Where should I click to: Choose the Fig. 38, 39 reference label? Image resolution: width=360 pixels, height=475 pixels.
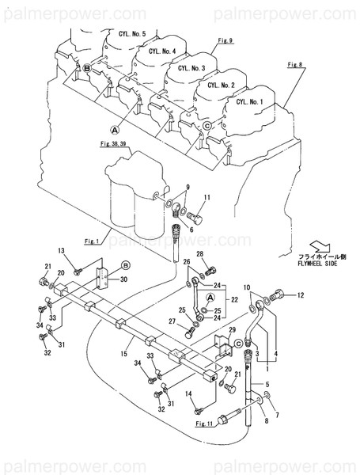(118, 145)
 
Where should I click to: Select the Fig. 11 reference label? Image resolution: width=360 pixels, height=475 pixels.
(204, 424)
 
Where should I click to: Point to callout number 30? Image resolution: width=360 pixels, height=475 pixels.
(123, 279)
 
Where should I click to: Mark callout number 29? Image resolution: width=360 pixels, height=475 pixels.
(232, 329)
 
